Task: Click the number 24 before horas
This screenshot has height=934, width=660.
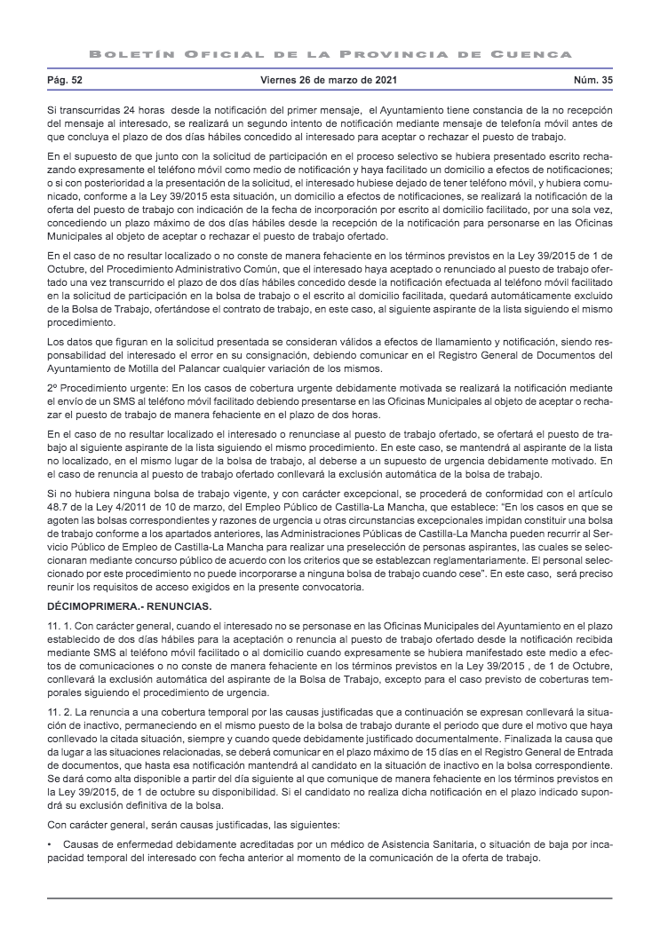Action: [x=130, y=108]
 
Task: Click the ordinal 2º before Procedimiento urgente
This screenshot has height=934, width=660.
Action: [x=52, y=388]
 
